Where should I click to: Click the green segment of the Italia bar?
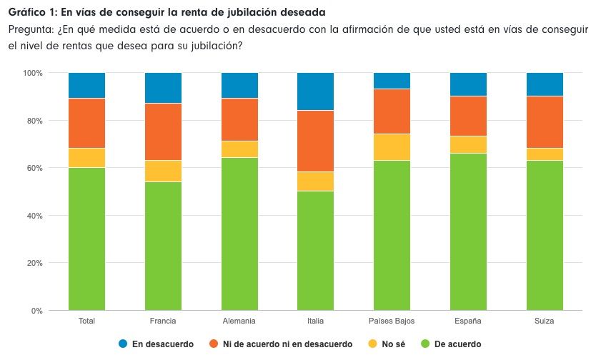tap(315, 250)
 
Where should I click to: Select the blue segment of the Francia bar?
tap(163, 88)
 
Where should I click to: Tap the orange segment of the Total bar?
tap(86, 123)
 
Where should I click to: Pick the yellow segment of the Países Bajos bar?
tap(392, 146)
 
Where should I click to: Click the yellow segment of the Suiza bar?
tap(544, 154)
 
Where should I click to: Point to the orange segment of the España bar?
tap(468, 116)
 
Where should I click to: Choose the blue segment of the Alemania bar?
tap(239, 85)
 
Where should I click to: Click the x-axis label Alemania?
tap(239, 321)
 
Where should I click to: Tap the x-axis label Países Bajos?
tap(392, 321)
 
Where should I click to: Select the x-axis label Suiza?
tap(544, 321)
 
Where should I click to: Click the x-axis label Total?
tap(86, 321)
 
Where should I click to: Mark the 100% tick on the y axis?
tap(32, 73)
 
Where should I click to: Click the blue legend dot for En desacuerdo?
tap(123, 344)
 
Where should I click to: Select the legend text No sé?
tap(394, 344)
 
